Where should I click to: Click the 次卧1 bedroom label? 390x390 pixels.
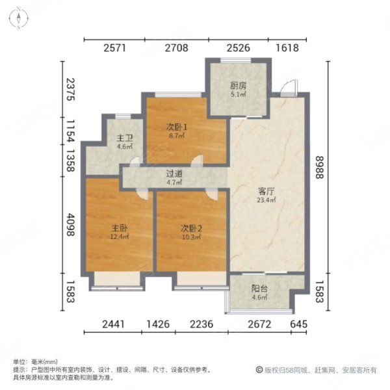coord(177,127)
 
